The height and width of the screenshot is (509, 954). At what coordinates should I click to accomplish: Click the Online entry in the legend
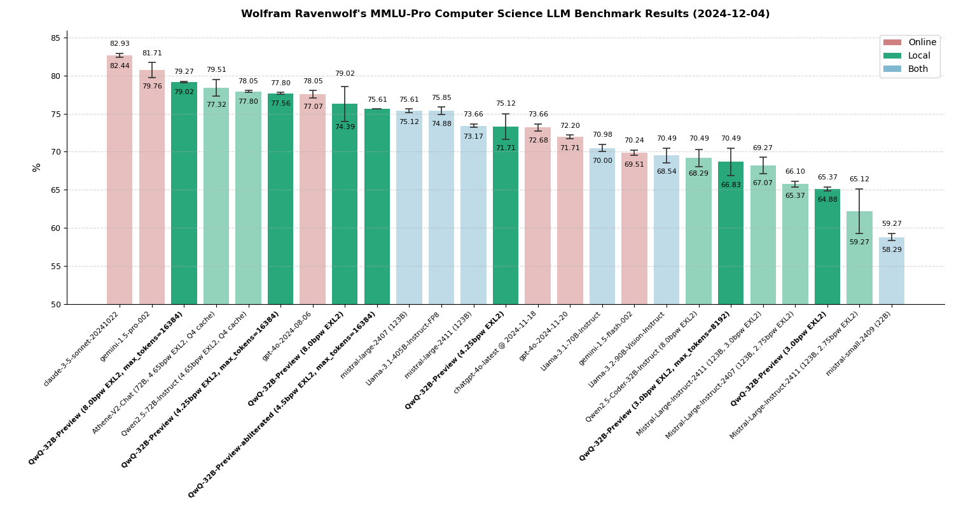pyautogui.click(x=909, y=43)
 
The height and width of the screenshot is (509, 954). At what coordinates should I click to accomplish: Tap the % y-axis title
pyautogui.click(x=37, y=167)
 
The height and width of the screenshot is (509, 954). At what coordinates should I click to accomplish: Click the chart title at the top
pyautogui.click(x=505, y=14)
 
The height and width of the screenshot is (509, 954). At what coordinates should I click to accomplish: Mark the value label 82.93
pyautogui.click(x=120, y=44)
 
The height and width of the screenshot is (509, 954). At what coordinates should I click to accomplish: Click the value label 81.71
pyautogui.click(x=152, y=53)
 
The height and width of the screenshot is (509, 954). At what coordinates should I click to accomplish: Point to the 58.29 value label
pyautogui.click(x=892, y=250)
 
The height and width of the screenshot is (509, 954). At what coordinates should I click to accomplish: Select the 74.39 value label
pyautogui.click(x=345, y=127)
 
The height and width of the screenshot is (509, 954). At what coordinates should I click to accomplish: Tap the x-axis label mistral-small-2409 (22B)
pyautogui.click(x=859, y=344)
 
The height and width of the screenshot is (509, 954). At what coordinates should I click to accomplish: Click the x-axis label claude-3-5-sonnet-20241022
pyautogui.click(x=81, y=349)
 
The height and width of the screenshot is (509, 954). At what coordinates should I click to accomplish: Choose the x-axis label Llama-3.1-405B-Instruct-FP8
pyautogui.click(x=403, y=348)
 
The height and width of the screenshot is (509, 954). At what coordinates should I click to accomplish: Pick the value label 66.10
pyautogui.click(x=795, y=172)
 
